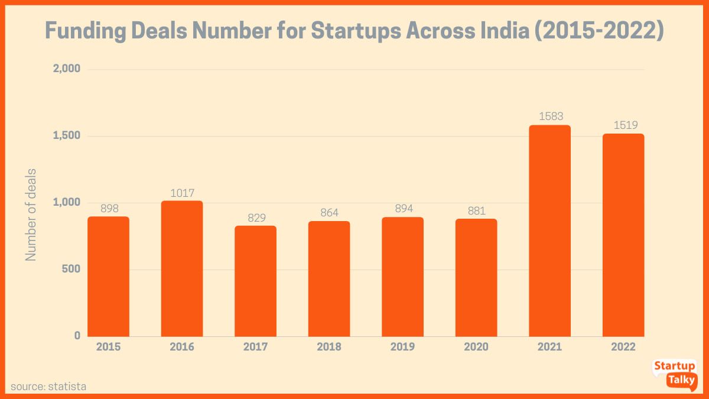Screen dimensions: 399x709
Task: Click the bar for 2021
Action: coord(549,231)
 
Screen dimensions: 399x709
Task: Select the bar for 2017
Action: coord(255,281)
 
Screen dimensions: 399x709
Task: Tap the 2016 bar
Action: coord(182,268)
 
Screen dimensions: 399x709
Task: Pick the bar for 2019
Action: coord(402,277)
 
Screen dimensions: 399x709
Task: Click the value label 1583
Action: coord(551,116)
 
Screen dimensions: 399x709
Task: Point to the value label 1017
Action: coord(182,193)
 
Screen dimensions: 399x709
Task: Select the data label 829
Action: coord(255,218)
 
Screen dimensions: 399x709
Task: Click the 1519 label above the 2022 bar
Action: coord(624,125)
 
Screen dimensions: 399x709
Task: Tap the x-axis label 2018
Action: coord(329,347)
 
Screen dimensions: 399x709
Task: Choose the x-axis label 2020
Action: coord(476,347)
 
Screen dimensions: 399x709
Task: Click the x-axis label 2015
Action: coord(108,347)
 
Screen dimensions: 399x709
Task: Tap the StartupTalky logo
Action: coord(674,374)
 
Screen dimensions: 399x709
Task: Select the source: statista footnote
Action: coord(48,387)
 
